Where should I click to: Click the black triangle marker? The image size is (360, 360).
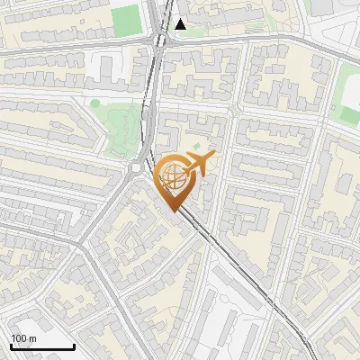181,24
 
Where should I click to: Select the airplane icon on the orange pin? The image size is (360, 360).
200,164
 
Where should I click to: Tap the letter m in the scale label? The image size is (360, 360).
32,338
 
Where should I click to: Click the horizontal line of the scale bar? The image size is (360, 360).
41,347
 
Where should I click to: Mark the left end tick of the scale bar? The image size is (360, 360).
10,346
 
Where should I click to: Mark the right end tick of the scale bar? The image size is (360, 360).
74,346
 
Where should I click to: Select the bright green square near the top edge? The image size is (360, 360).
126,18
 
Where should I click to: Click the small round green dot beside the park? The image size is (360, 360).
94,103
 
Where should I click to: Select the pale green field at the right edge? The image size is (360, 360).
348,99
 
